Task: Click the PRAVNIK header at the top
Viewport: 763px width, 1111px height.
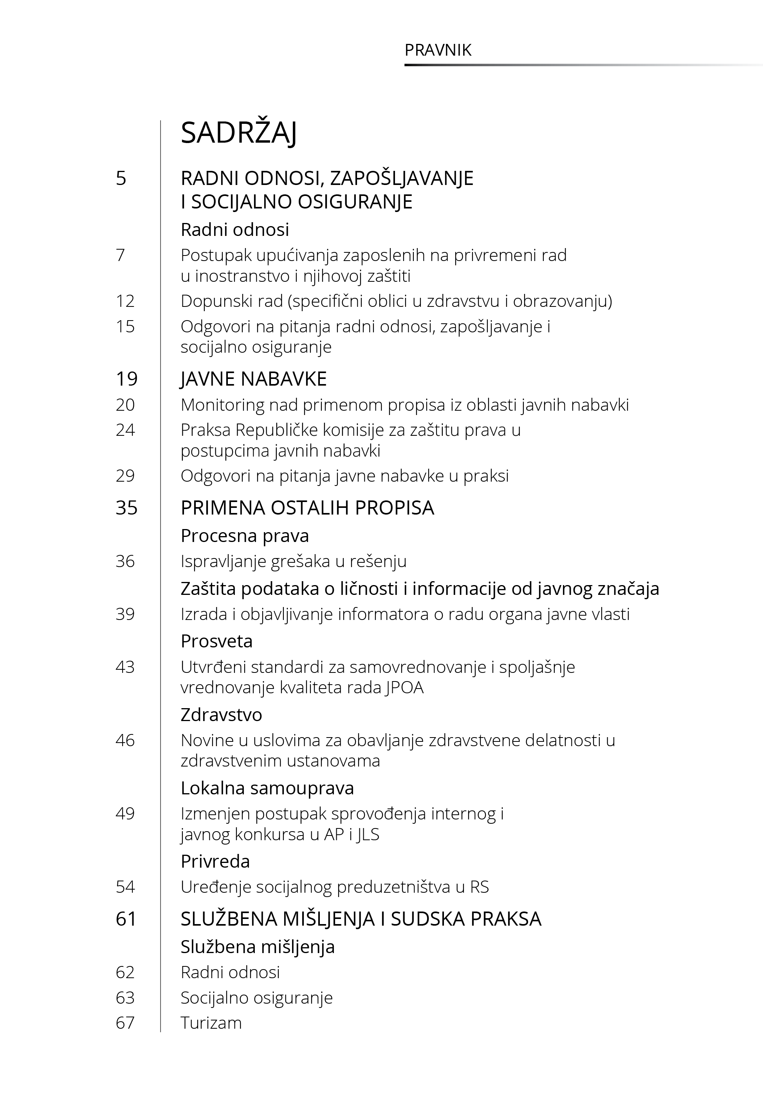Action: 438,50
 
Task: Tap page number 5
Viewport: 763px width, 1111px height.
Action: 121,178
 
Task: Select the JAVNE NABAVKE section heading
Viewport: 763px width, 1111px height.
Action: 253,379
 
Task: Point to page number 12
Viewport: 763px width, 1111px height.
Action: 125,301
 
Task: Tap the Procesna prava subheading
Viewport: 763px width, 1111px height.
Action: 244,536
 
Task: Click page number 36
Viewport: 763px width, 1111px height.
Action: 125,561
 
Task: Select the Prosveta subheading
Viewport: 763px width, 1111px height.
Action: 216,641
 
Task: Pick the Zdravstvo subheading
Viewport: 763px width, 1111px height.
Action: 221,715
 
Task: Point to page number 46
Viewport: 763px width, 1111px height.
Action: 125,741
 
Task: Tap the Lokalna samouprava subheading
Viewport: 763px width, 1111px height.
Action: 267,788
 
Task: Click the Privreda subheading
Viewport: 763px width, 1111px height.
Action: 215,862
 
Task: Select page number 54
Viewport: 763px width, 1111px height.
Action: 125,887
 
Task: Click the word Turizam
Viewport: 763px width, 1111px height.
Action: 211,1023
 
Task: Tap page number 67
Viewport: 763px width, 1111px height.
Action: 125,1023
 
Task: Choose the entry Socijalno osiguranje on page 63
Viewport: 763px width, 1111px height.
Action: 256,998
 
